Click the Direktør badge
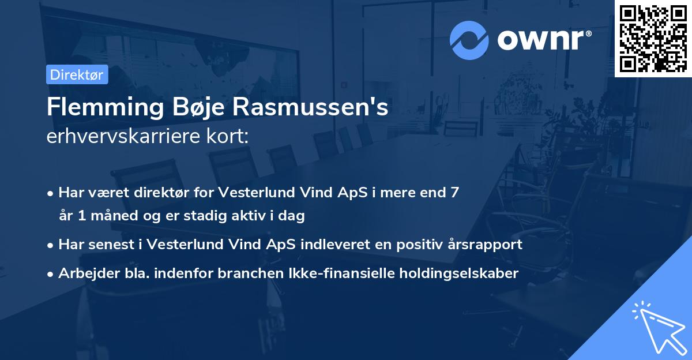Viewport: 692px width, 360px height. tap(77, 74)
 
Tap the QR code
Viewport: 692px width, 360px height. tap(653, 38)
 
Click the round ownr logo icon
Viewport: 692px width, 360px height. tap(469, 40)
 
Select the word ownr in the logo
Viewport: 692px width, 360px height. tap(544, 40)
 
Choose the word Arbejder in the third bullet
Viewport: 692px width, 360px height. tap(84, 273)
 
